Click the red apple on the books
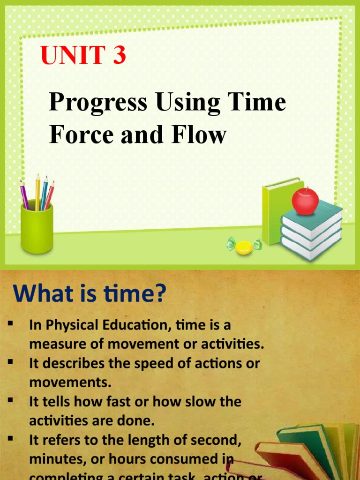point(305,201)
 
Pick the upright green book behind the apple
point(277,211)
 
